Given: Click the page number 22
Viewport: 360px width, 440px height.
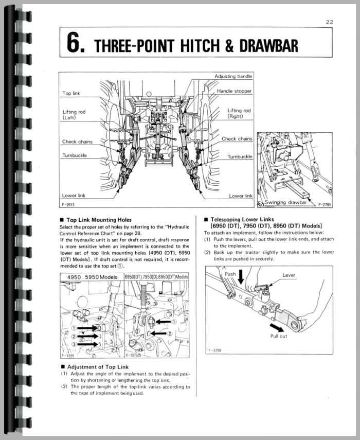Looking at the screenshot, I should tap(329, 22).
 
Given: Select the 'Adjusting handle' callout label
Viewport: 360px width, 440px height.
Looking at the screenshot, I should tap(233, 77).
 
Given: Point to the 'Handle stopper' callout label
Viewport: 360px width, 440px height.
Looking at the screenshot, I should tap(234, 91).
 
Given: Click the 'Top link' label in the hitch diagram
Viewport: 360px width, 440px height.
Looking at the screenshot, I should tap(75, 93).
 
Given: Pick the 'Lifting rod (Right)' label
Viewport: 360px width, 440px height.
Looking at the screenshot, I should tap(239, 113).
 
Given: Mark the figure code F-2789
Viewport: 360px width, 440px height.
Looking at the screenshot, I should tap(325, 204).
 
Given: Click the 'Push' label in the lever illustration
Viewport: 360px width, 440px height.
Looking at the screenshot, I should tap(230, 274).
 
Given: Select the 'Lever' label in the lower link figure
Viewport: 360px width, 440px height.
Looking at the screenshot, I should tap(289, 275).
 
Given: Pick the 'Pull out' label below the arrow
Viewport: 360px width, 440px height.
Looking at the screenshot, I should tap(279, 336).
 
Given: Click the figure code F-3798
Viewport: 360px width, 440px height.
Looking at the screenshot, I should tap(214, 350).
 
